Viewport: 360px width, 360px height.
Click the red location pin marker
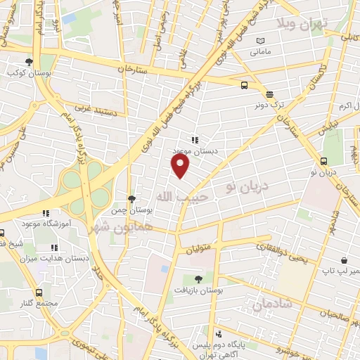pos(181,166)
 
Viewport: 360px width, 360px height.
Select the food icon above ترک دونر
pos(269,94)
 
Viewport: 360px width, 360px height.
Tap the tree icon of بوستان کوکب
pos(29,62)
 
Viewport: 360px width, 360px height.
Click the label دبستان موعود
pos(192,150)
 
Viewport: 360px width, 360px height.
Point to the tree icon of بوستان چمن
pos(131,200)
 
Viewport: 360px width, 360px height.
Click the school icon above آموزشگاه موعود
pos(46,213)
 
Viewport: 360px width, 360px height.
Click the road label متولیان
pos(199,248)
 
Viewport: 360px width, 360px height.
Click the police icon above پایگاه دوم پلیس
pos(219,334)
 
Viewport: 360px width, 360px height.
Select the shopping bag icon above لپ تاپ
pos(342,259)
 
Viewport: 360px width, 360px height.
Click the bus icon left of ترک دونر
pos(244,85)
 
